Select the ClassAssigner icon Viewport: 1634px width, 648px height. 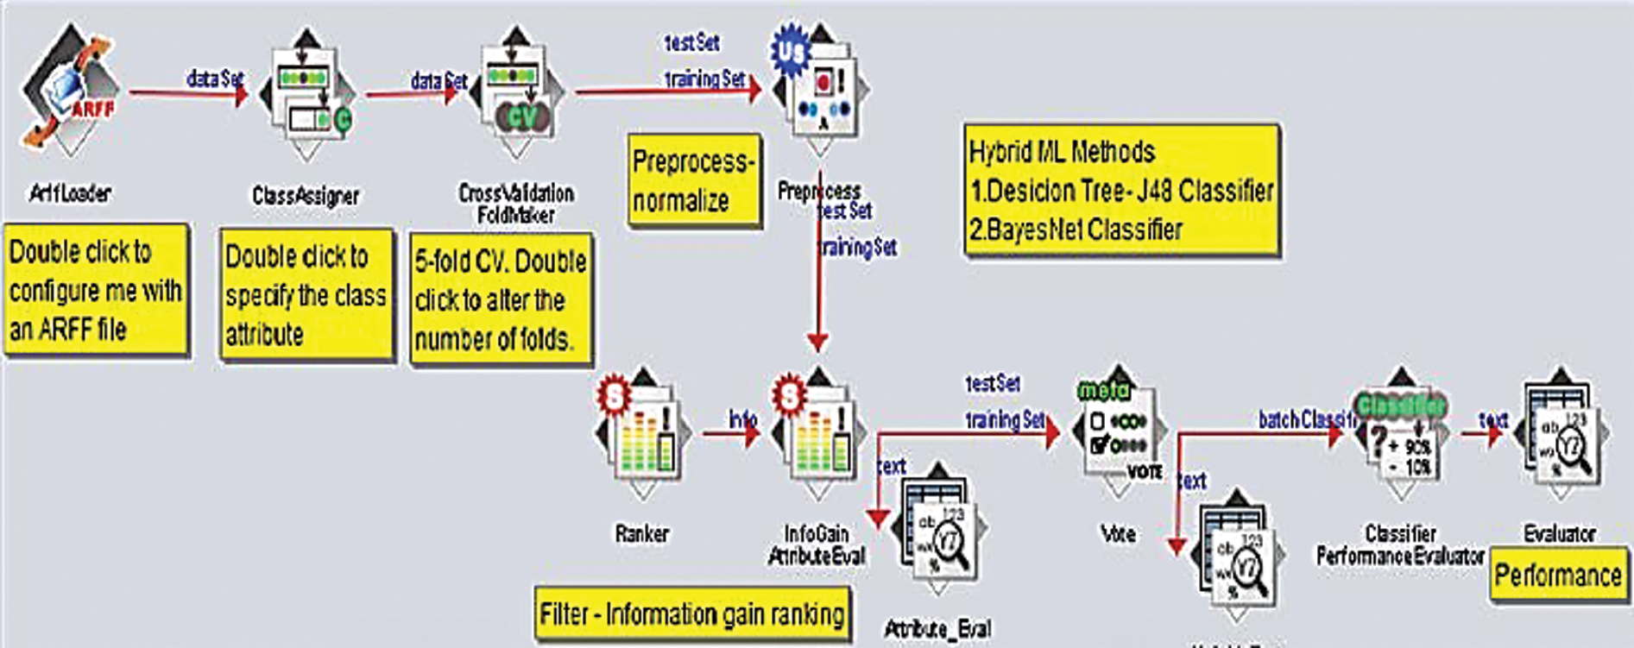[306, 95]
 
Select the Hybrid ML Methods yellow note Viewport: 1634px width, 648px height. [1120, 191]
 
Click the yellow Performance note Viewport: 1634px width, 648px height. [1558, 576]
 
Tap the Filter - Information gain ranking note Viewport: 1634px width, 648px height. [692, 614]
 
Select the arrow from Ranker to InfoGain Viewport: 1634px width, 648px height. [729, 432]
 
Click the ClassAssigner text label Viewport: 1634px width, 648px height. [306, 196]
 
